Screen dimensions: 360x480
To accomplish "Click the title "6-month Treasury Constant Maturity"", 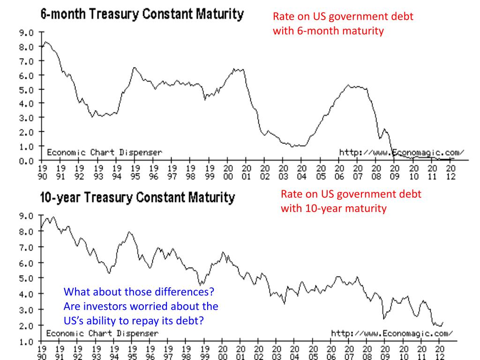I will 142,14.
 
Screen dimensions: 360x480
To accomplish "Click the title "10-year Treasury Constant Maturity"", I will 137,198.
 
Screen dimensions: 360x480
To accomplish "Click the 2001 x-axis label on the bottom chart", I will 240,352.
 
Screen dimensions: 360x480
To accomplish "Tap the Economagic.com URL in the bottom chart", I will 392,333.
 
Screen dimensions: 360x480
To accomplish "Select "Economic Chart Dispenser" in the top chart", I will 104,152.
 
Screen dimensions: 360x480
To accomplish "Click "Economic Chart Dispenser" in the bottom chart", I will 102,333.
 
